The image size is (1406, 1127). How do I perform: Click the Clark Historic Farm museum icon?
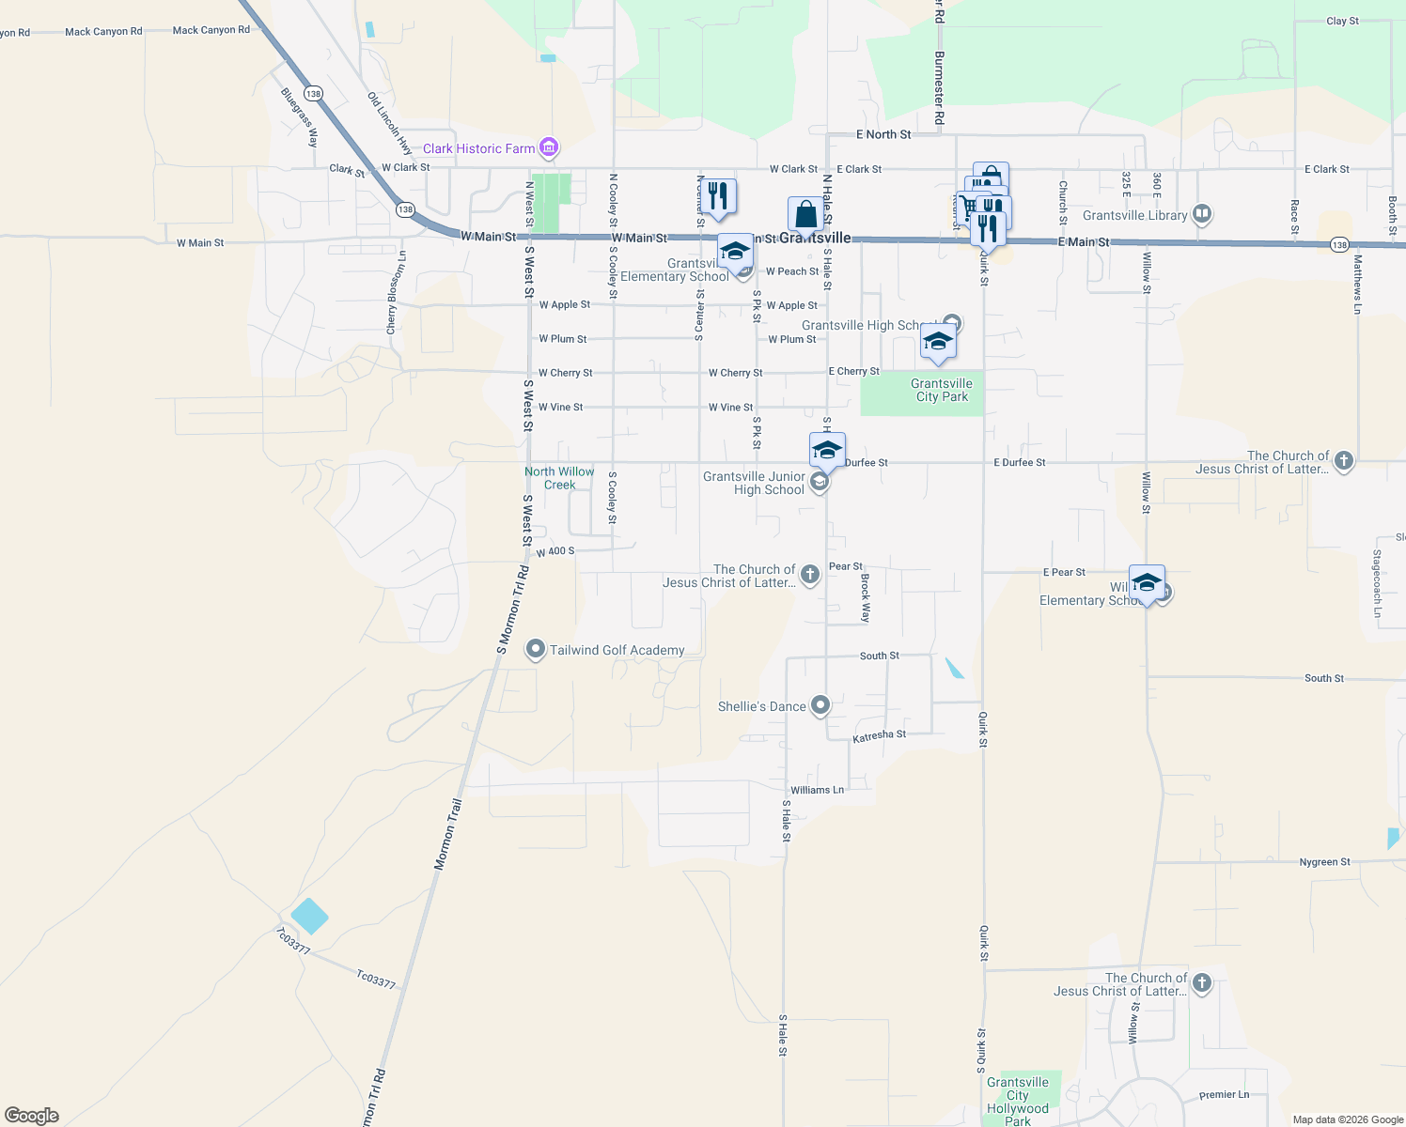550,147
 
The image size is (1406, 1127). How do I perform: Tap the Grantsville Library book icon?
1201,214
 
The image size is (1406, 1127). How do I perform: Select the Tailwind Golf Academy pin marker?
536,649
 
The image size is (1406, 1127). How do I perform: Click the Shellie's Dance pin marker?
820,705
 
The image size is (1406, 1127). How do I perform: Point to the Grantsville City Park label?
941,390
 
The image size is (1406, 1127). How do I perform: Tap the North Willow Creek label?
559,478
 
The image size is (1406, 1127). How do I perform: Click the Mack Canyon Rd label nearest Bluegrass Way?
211,30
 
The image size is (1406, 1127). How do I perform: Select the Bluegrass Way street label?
300,117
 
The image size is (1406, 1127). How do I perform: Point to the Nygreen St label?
1324,861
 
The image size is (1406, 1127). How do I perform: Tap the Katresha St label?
879,736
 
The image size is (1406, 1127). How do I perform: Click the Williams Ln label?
817,790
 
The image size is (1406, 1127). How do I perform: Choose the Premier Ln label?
1224,1094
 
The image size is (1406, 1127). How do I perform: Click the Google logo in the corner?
32,1115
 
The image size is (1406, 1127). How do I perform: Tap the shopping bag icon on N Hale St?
805,214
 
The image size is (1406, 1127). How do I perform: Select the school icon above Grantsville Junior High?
827,450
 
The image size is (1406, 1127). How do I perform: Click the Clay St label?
1342,21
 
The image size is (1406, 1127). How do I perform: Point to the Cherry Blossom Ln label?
397,292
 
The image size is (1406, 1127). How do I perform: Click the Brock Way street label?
866,598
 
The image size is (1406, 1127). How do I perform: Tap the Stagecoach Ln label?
1377,583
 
